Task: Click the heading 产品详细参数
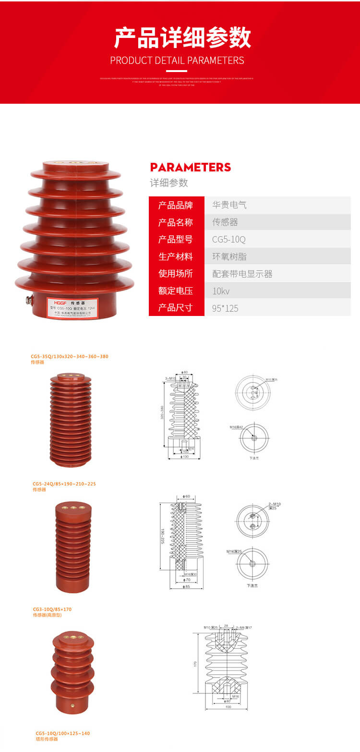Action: pos(182,38)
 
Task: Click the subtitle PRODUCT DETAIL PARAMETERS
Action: pos(177,61)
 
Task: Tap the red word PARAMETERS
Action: pos(191,167)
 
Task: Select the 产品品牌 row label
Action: pos(176,205)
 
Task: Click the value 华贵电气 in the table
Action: pos(229,205)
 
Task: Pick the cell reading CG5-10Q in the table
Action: pos(229,239)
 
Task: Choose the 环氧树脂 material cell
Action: pos(229,256)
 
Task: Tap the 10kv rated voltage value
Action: pos(221,291)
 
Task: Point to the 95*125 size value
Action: pos(225,308)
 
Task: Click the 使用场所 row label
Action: pos(176,273)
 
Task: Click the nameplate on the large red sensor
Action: pos(72,307)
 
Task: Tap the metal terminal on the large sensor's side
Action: pos(28,301)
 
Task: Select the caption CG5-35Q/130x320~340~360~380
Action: pos(70,356)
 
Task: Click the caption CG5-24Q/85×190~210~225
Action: pos(64,484)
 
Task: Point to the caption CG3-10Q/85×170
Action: pos(52,609)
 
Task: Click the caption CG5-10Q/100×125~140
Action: pos(63,733)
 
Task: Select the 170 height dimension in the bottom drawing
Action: pos(195,663)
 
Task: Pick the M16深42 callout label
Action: pos(236,427)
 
